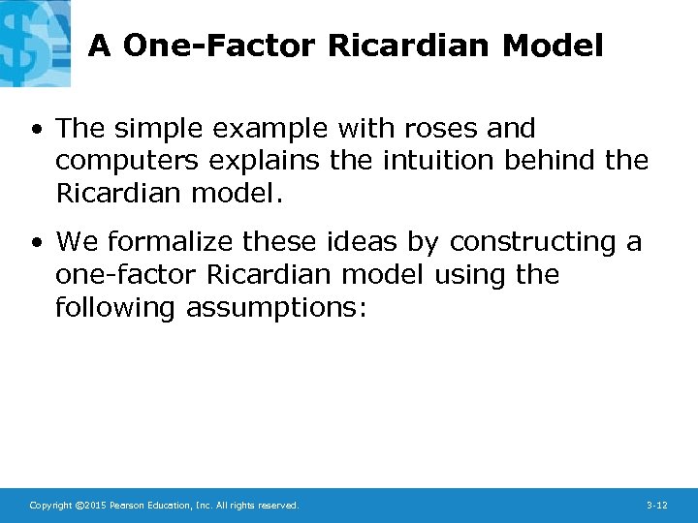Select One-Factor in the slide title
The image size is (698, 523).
tap(221, 46)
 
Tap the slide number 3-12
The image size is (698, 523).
tap(656, 506)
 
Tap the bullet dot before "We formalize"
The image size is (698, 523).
tap(37, 243)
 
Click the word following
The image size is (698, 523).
tap(116, 308)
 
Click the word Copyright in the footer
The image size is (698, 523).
tap(49, 506)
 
